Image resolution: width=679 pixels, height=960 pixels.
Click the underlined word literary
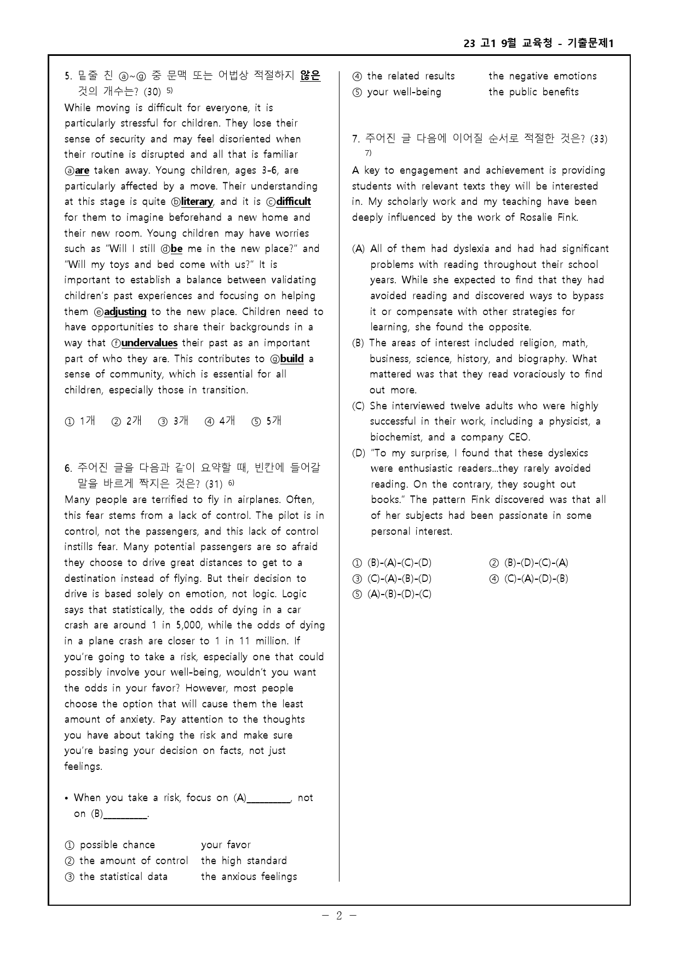196,202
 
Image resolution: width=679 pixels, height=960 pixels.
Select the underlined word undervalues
149,343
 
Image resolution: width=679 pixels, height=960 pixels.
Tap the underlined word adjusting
125,312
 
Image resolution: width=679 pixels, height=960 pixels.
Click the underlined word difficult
293,202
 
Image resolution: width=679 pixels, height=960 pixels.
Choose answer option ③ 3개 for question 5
173,421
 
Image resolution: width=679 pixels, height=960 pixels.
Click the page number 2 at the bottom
339,916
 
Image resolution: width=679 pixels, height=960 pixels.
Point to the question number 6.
68,468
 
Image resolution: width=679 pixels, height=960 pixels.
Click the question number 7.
355,139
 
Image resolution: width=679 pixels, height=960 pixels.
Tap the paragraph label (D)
359,453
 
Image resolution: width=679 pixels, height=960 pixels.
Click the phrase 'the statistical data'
123,877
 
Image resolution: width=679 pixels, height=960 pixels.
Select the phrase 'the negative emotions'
542,76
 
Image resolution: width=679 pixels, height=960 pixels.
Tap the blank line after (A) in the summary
268,799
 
